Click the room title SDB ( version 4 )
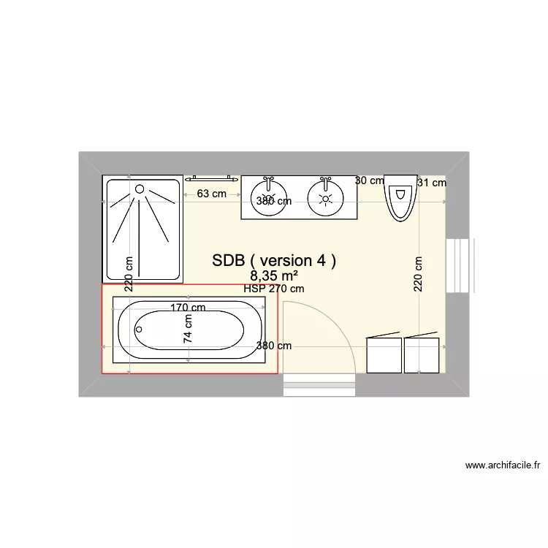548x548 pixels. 274,261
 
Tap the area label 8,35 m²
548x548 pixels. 274,275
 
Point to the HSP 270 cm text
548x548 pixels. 274,289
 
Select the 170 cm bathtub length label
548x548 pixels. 188,308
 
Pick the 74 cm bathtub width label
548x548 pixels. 188,329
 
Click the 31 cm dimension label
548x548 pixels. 431,183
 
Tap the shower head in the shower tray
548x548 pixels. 140,189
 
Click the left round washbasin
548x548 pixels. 270,195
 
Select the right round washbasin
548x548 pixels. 326,195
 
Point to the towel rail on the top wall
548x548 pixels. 211,178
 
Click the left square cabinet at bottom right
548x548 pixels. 384,355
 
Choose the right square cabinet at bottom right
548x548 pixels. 422,355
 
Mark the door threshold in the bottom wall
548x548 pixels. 319,384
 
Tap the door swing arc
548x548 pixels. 343,329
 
